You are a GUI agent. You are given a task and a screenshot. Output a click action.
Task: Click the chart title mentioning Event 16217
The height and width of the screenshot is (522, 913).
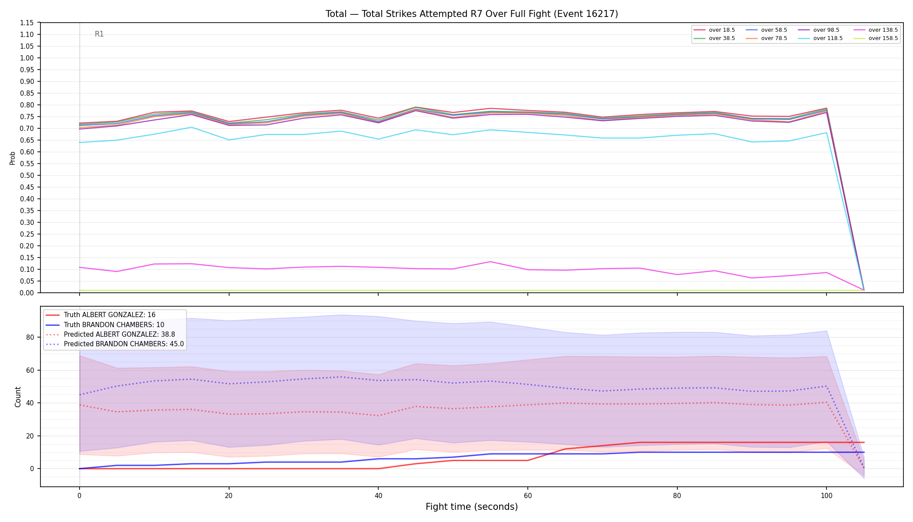tap(472, 14)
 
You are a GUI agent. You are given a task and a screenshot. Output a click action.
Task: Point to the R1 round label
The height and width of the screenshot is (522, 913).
tap(99, 34)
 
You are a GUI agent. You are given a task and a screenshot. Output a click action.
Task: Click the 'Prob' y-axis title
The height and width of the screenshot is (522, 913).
tap(13, 158)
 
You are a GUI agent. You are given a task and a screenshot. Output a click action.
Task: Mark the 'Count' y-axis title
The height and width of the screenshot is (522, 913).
tap(18, 397)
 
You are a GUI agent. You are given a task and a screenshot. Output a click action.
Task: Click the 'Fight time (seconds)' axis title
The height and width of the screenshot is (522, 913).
tap(472, 507)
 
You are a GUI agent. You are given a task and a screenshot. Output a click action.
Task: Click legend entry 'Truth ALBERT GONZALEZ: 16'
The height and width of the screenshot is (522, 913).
tap(110, 315)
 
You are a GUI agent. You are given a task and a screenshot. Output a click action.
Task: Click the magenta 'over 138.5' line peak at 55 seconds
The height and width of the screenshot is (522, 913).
tap(490, 261)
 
